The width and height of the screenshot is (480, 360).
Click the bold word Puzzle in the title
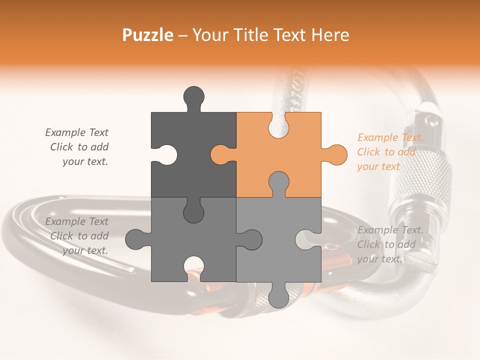coord(148,35)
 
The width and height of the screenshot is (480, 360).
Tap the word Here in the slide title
coord(328,35)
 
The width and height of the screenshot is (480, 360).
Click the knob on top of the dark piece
coord(194,96)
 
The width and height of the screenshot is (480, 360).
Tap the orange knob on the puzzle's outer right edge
coord(337,154)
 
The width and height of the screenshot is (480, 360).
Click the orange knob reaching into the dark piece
coord(220,154)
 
